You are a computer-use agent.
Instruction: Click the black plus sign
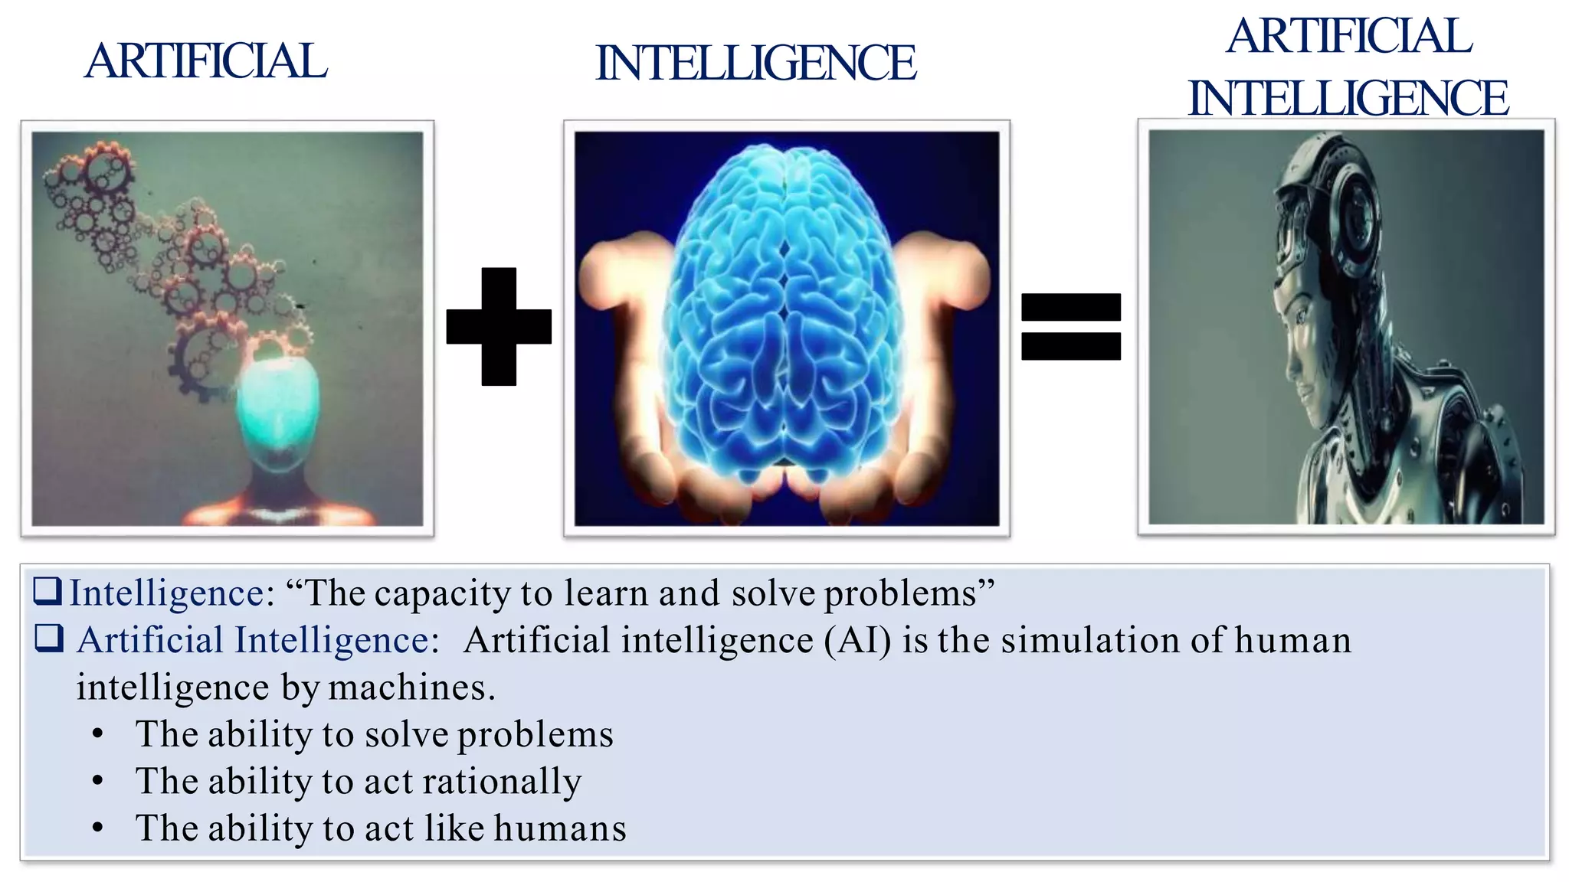click(499, 326)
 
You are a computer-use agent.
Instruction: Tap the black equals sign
click(1071, 326)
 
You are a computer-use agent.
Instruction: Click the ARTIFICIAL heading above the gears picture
click(205, 61)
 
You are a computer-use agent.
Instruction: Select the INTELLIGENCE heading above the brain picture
click(755, 63)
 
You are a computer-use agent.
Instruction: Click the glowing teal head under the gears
click(277, 406)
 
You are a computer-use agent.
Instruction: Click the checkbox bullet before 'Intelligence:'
click(47, 592)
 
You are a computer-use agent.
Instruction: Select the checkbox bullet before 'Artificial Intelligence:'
click(49, 639)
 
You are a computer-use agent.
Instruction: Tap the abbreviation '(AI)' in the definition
click(857, 640)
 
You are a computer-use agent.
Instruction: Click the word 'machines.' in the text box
click(412, 688)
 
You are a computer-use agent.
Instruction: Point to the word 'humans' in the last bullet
click(560, 828)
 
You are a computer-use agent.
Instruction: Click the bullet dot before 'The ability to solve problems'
click(97, 734)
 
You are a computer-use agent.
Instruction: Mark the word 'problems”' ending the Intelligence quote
click(909, 593)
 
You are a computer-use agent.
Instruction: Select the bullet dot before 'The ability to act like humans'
click(97, 828)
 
